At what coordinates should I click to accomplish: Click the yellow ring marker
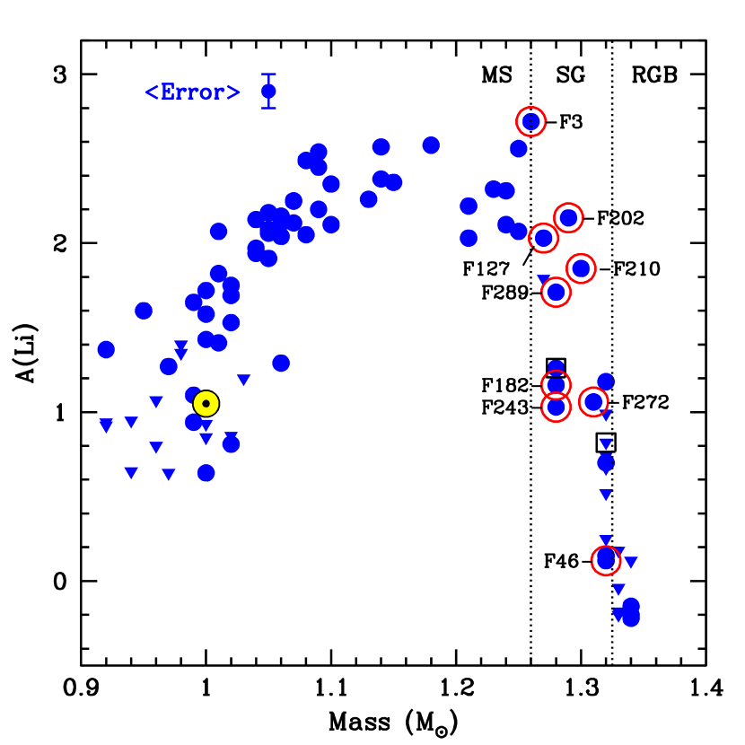(x=206, y=404)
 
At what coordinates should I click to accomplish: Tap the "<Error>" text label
(x=193, y=92)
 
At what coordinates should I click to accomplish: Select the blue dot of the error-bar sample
(x=268, y=92)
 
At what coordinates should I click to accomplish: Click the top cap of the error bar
(x=268, y=74)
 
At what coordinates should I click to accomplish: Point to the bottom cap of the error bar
(x=268, y=108)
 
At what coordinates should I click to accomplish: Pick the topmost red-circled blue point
(x=531, y=121)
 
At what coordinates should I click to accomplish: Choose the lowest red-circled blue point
(x=606, y=561)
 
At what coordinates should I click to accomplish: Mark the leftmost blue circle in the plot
(x=106, y=350)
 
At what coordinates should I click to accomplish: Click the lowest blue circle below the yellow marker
(x=206, y=473)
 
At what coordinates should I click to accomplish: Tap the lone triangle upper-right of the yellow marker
(x=244, y=381)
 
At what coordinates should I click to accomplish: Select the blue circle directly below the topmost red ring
(x=519, y=149)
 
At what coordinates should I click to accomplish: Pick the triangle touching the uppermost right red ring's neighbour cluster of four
(x=543, y=280)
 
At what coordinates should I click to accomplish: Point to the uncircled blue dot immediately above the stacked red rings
(x=556, y=368)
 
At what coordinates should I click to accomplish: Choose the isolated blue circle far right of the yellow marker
(x=281, y=364)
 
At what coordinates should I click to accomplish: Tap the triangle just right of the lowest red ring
(x=631, y=563)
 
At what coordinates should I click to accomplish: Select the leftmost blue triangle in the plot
(x=106, y=425)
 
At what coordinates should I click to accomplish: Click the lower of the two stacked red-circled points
(x=556, y=408)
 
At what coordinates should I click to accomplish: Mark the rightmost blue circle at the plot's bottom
(x=631, y=618)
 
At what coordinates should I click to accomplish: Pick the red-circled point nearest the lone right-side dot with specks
(x=593, y=401)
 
